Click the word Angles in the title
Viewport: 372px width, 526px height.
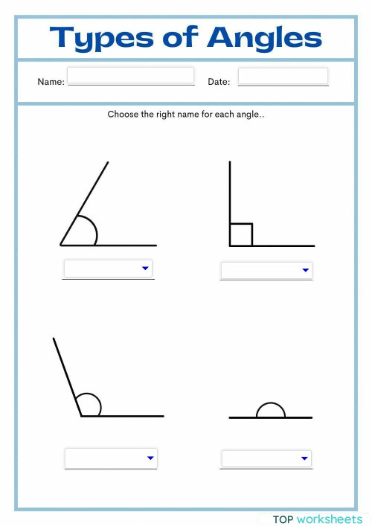[x=265, y=37]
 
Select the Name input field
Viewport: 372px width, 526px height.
[x=131, y=75]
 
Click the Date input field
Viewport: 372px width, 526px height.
[x=283, y=76]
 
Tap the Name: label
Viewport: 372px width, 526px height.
[x=51, y=82]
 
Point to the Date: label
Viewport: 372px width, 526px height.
[x=219, y=82]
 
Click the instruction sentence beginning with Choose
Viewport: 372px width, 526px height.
[x=186, y=115]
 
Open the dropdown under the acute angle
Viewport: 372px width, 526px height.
[x=109, y=268]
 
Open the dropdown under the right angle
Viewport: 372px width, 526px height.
[x=266, y=270]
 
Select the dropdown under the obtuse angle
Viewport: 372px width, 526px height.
[x=111, y=458]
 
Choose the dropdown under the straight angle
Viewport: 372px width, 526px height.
[x=266, y=458]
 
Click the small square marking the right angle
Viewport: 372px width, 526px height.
[x=241, y=234]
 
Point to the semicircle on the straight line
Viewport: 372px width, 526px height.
[x=271, y=409]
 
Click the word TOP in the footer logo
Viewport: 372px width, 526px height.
[x=283, y=519]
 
